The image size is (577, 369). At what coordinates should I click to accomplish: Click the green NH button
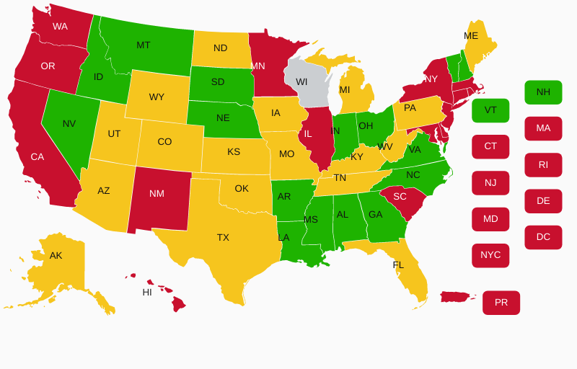click(543, 92)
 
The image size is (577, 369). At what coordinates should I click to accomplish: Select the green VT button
click(490, 110)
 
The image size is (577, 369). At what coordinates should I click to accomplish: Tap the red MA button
click(543, 128)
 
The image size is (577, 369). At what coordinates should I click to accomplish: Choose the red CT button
click(490, 146)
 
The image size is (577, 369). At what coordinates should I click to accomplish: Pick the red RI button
click(543, 165)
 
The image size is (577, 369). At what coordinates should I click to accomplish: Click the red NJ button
click(490, 183)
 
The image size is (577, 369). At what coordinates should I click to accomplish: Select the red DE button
click(543, 201)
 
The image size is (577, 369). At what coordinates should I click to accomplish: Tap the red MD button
click(490, 219)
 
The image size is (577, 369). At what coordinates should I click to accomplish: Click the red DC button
click(543, 237)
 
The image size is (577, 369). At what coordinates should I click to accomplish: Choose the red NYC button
click(490, 255)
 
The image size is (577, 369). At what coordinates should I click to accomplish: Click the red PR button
click(501, 303)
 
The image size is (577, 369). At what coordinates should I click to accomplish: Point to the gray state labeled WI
click(304, 81)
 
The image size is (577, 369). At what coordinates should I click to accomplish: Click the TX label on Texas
click(223, 237)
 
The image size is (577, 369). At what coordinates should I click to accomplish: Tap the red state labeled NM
click(157, 194)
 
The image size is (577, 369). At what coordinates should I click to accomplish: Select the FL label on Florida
click(398, 265)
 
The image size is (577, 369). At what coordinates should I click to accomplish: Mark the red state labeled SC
click(400, 197)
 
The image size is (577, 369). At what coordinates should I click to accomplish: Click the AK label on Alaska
click(56, 256)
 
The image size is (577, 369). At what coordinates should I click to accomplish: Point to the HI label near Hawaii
click(147, 293)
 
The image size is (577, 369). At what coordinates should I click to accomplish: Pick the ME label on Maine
click(471, 36)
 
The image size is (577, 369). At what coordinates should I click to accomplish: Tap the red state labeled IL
click(308, 134)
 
